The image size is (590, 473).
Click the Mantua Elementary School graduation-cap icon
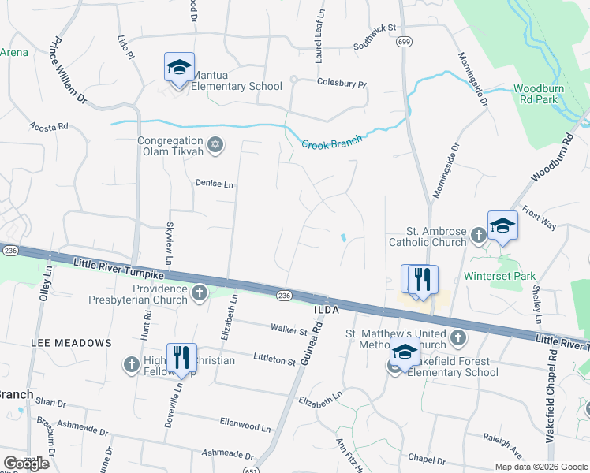point(179,67)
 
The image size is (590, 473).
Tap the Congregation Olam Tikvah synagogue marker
point(215,145)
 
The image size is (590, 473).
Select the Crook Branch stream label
point(331,142)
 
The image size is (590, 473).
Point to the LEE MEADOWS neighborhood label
point(71,343)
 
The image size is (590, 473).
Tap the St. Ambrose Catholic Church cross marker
point(478,235)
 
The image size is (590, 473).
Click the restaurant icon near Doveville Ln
point(181,357)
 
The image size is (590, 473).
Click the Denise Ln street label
point(214,184)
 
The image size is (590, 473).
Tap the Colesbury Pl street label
point(342,83)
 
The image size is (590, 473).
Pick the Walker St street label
point(288,330)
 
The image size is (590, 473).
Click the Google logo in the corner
point(26,464)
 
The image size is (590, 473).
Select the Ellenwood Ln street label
point(245,426)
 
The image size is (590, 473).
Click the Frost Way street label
point(540,220)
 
